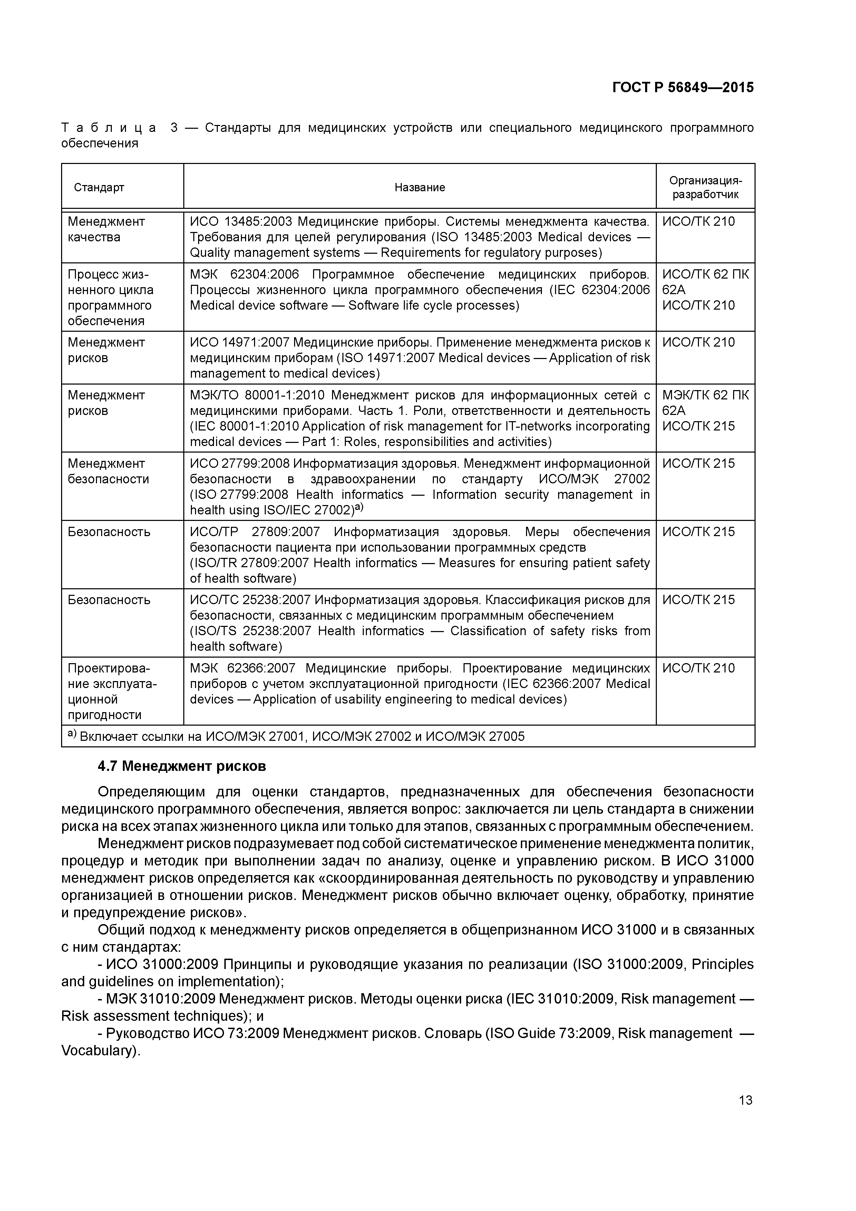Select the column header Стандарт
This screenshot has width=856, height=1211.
(99, 187)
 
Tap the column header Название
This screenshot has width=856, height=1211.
(419, 187)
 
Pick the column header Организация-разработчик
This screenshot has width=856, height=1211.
(705, 187)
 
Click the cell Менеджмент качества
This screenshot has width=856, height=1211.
(106, 229)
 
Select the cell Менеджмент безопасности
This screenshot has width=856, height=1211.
(108, 471)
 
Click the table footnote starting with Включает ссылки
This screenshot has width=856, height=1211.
(295, 736)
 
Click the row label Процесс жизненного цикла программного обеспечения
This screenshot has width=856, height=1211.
(110, 298)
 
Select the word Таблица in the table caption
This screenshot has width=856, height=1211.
(108, 128)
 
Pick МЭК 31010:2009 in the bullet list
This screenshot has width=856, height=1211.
(160, 999)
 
